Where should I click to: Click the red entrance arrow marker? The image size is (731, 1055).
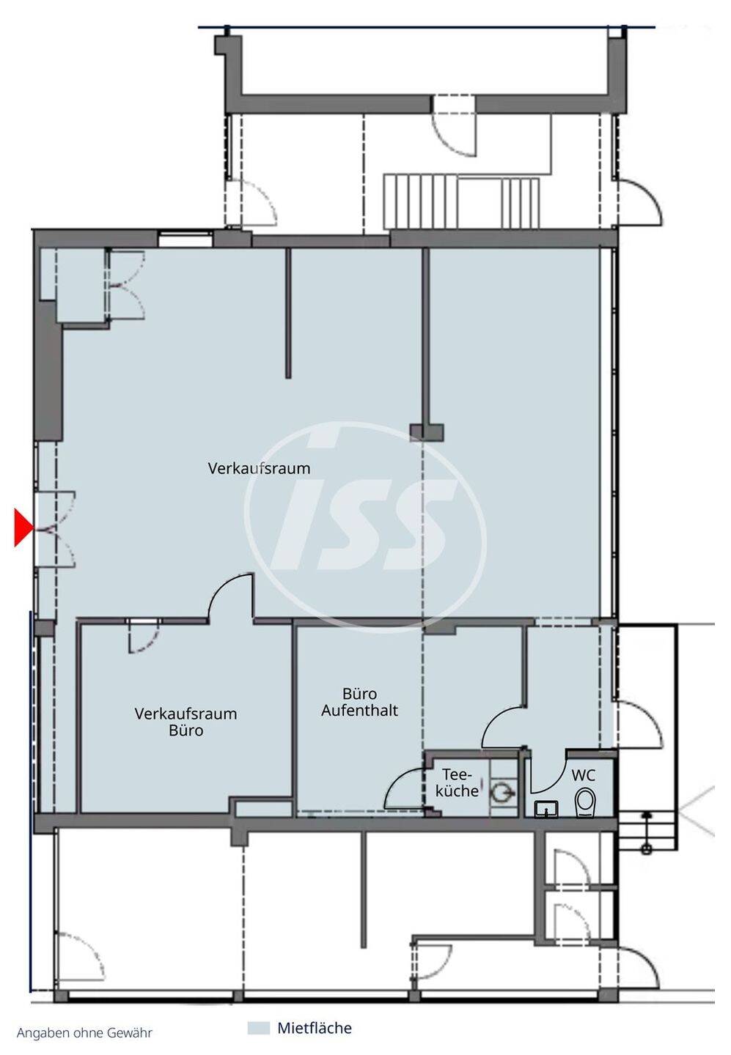pos(23,527)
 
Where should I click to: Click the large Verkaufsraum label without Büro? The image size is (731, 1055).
pos(260,469)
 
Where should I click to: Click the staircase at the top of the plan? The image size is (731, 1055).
pos(461,202)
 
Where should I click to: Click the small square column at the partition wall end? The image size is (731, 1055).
pos(427,432)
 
